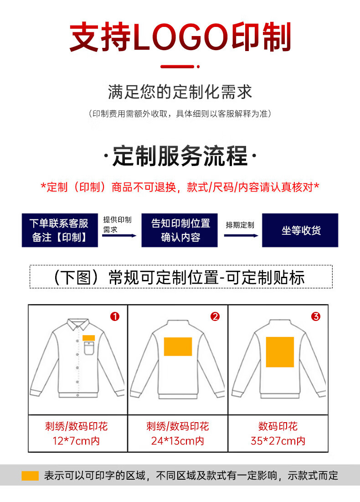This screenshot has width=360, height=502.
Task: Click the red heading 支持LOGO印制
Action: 180,36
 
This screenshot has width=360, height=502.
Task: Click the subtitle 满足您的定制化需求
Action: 180,92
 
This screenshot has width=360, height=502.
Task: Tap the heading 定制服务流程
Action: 180,156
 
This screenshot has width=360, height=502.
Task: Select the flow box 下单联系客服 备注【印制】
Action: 60,230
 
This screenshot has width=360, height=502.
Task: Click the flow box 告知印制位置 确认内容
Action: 180,230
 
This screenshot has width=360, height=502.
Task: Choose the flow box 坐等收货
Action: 300,230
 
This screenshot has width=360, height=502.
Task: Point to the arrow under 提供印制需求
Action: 119,236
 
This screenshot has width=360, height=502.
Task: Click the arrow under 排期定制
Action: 241,236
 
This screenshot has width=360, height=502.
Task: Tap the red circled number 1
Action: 115,316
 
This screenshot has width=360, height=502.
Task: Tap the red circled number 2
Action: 215,316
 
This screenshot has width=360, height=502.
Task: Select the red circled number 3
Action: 316,316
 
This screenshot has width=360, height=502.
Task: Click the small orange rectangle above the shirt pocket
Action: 89,338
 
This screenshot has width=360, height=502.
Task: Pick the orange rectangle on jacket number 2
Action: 178,347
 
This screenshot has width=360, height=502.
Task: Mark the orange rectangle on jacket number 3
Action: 280,352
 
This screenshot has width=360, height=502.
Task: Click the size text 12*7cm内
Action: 76,441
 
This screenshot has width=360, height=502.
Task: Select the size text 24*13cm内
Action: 178,441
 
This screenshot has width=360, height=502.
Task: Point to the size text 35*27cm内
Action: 278,441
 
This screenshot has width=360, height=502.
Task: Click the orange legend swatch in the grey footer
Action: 30,476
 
